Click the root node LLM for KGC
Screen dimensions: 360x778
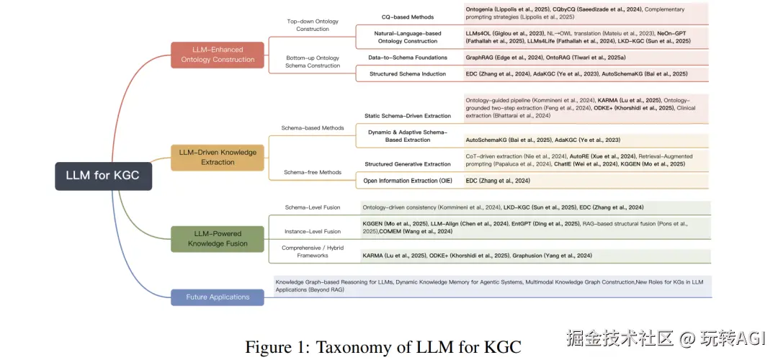[x=103, y=176]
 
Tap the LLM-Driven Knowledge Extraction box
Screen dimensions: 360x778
[x=218, y=158]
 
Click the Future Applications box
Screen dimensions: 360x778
[x=218, y=297]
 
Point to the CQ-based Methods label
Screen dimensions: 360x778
[x=408, y=17]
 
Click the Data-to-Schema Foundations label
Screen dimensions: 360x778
[x=408, y=58]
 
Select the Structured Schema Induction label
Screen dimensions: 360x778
[x=408, y=74]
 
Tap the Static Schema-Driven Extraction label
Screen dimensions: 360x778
[x=408, y=116]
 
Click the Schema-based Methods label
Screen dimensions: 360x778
[x=313, y=128]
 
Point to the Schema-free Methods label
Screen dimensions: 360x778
[x=313, y=173]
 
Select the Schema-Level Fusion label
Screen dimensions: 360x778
[x=313, y=207]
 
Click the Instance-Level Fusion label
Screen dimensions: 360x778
[x=313, y=232]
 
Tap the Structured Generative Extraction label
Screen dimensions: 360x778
[x=408, y=165]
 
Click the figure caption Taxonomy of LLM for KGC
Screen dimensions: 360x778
[x=383, y=346]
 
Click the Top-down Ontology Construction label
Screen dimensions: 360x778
[x=313, y=26]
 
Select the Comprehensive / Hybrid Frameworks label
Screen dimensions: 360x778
[x=313, y=251]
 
